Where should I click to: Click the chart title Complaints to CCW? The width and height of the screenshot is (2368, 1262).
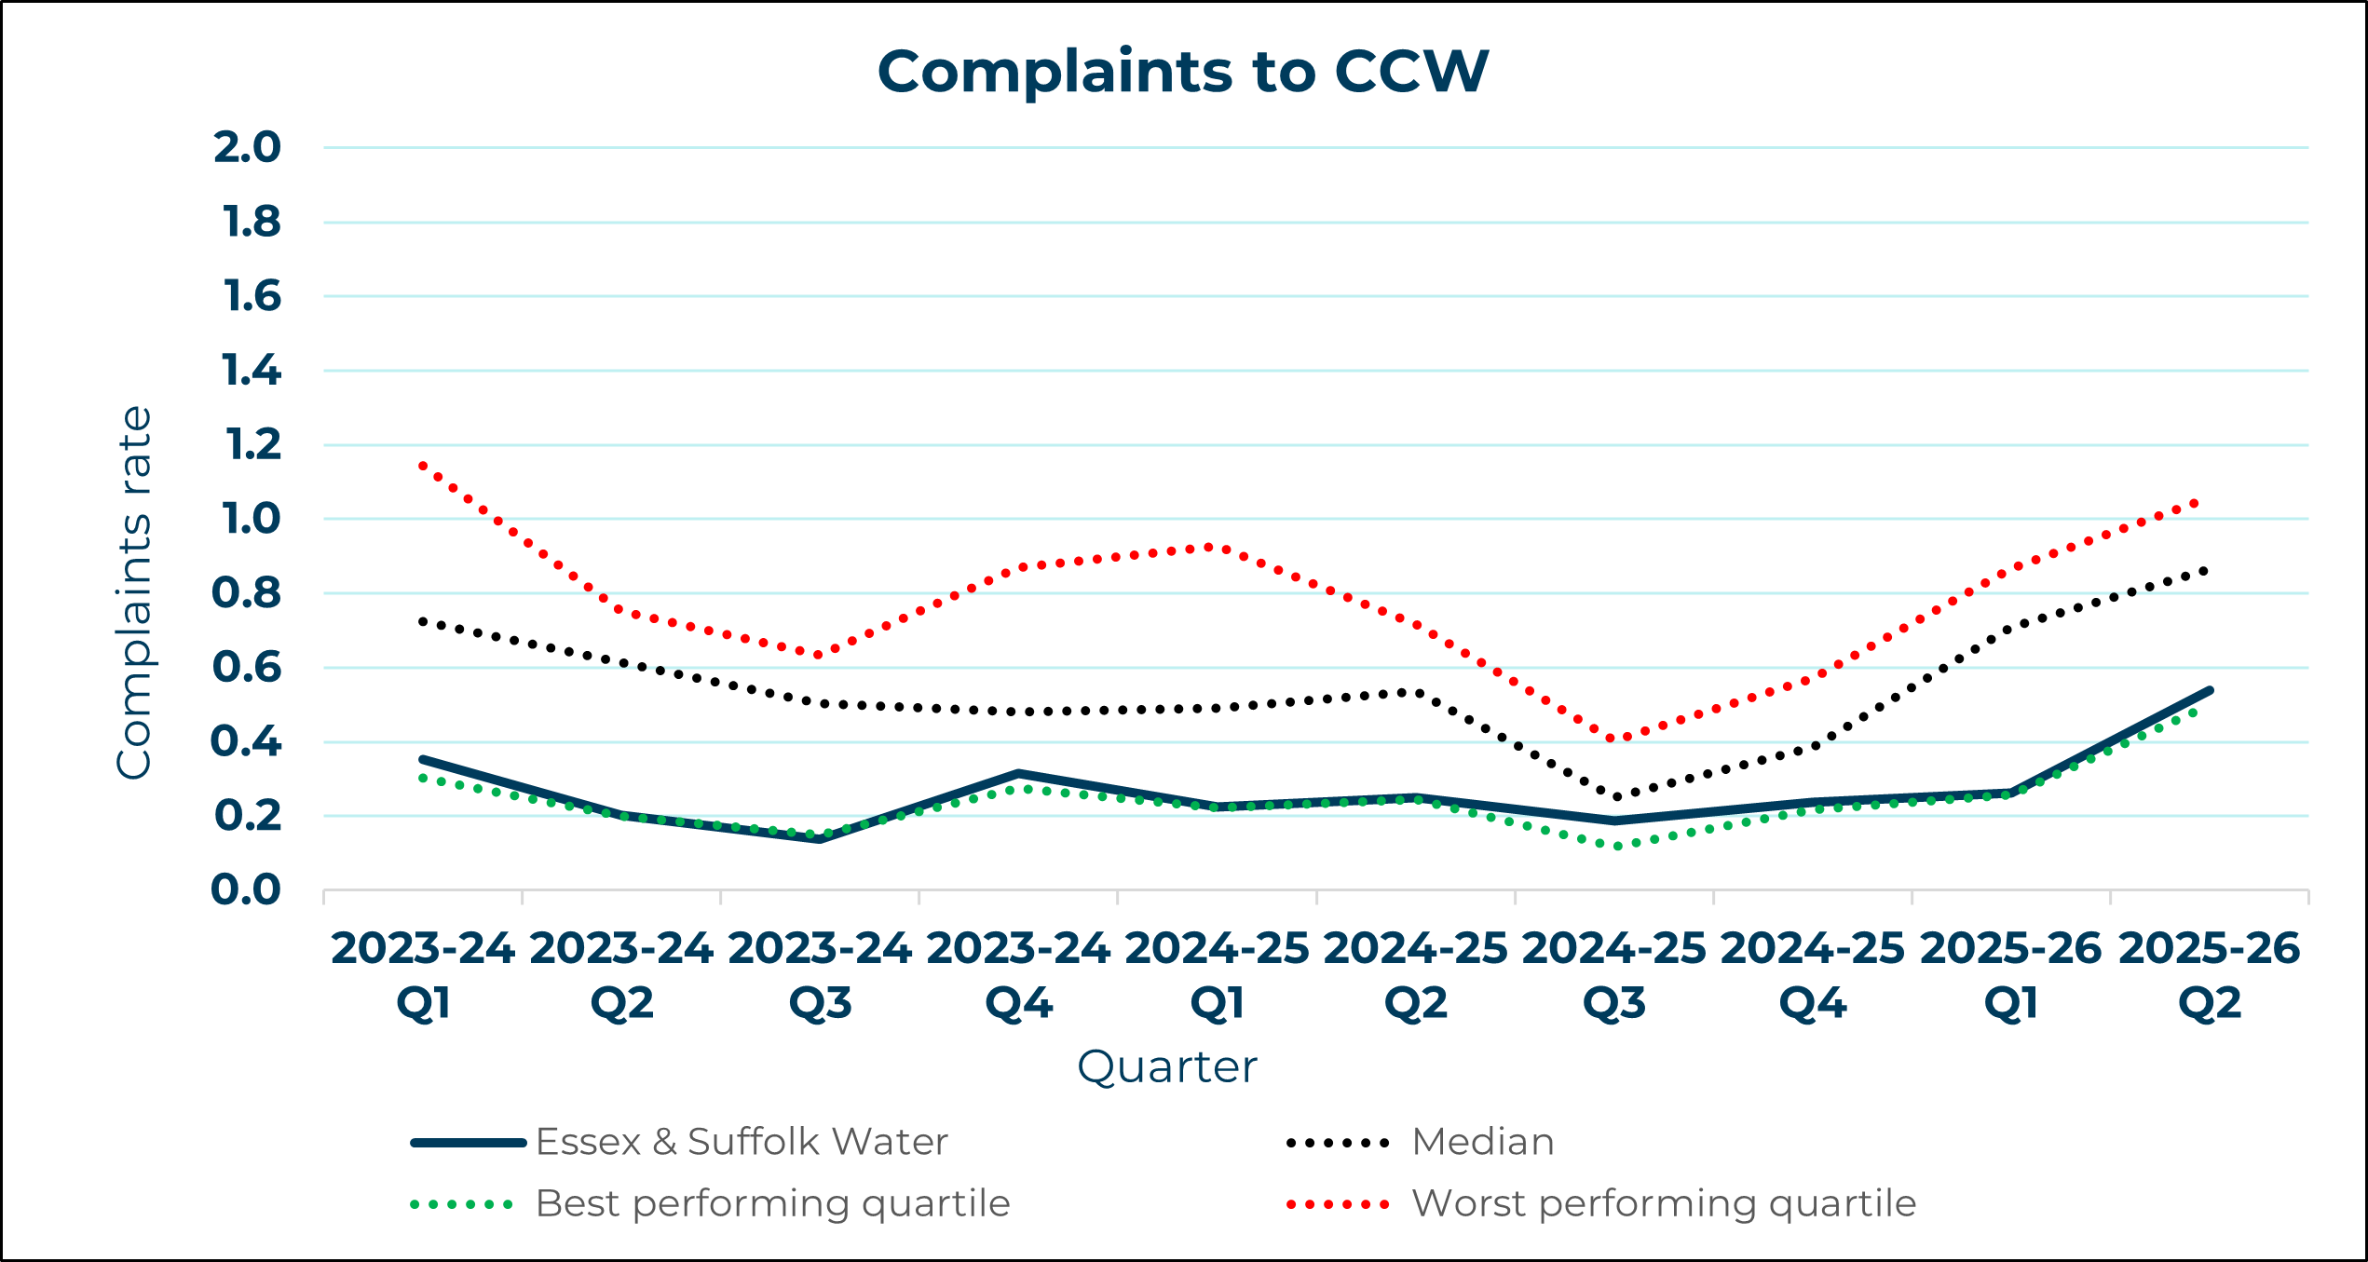(x=1183, y=72)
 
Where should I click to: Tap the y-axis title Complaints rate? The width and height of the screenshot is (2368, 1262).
(x=134, y=592)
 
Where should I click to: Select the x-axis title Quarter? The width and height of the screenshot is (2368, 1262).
(x=1166, y=1066)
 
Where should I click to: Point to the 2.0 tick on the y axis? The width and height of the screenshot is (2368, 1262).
(x=247, y=147)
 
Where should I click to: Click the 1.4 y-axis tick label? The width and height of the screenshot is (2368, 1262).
(x=251, y=371)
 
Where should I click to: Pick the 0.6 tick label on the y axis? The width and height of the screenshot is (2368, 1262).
(x=247, y=667)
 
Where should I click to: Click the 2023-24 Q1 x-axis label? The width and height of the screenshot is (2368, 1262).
(x=423, y=975)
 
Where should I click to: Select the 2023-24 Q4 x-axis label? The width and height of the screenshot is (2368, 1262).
(x=1018, y=975)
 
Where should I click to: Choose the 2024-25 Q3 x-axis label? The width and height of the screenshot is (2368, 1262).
(x=1614, y=975)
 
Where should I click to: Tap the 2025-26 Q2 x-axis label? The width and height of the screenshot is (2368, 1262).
(x=2210, y=975)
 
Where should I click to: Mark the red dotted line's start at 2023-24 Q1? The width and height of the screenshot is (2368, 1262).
(x=423, y=465)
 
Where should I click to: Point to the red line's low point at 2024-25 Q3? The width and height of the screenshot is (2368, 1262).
(x=1614, y=739)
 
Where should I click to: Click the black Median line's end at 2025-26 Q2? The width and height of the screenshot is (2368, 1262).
(x=2204, y=570)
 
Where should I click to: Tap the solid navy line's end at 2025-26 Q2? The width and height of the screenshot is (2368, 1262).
(x=2210, y=690)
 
